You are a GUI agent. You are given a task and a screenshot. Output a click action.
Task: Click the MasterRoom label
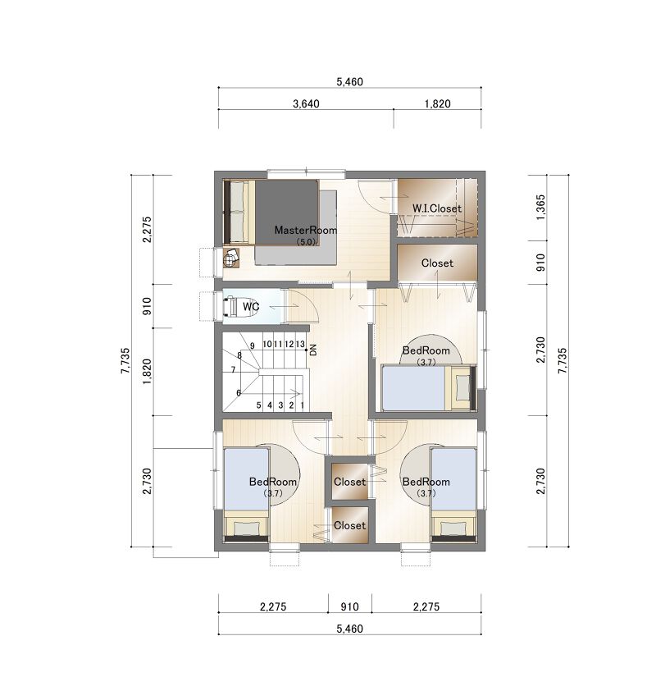pos(306,230)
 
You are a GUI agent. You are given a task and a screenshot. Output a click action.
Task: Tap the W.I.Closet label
pos(436,208)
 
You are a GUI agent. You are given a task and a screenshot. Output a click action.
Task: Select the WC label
pos(251,307)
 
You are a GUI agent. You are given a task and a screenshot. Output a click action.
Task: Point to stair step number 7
pos(233,369)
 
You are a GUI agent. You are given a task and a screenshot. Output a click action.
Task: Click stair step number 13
pos(300,344)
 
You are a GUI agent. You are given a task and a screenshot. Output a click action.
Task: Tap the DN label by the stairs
pos(313,350)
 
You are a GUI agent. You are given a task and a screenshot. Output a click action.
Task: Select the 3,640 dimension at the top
pos(306,104)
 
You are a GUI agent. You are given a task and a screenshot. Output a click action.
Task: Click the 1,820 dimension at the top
pos(437,104)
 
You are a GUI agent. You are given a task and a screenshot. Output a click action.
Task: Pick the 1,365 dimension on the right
pos(541,207)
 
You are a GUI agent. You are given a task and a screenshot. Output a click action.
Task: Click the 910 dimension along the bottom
pos(349,606)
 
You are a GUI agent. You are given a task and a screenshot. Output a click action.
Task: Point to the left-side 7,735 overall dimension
pos(125,361)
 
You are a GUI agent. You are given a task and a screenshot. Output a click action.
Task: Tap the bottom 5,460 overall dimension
pos(349,629)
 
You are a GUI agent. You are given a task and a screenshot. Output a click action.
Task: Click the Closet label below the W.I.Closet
pos(437,263)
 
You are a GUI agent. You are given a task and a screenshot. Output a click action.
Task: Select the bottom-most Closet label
pos(349,525)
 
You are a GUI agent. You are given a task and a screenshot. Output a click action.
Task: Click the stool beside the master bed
pos(231,257)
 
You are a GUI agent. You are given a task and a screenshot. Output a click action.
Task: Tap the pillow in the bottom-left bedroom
pos(246,528)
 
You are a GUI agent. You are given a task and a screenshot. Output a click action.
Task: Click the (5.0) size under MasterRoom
pos(307,241)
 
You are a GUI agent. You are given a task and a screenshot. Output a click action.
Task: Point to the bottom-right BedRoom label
pos(426,482)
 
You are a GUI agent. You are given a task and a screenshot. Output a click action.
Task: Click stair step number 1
pos(302,405)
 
